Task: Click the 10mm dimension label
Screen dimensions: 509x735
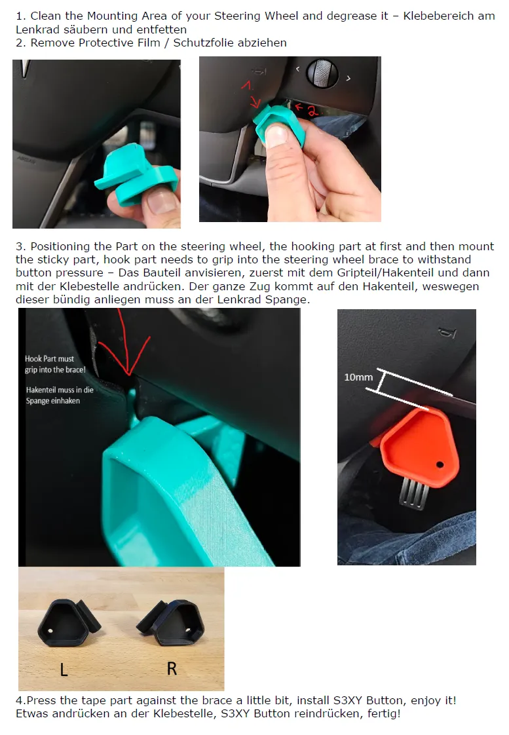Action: (x=358, y=377)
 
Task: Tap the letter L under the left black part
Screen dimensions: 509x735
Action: (x=64, y=669)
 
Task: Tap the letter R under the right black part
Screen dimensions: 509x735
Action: (x=172, y=668)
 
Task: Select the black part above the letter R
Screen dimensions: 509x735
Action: (x=172, y=620)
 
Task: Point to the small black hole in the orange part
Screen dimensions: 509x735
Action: (x=440, y=464)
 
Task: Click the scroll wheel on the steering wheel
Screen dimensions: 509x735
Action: (x=322, y=73)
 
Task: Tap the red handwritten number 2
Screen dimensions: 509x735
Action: (x=309, y=111)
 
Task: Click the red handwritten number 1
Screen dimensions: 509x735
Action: (x=248, y=85)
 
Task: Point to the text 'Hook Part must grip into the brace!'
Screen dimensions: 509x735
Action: (x=55, y=364)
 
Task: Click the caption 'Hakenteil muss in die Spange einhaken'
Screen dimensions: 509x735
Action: (x=60, y=395)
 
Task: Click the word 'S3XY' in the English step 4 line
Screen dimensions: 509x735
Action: (x=348, y=700)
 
